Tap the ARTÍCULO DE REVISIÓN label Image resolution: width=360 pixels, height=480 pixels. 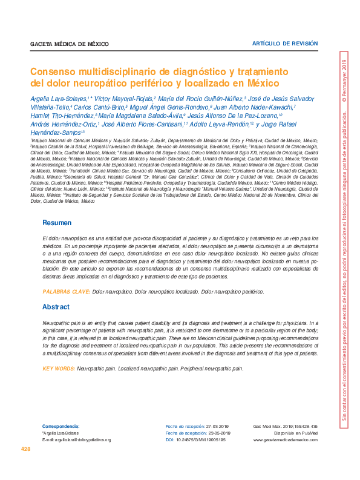284,44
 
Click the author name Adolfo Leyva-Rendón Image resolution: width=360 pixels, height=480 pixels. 221,124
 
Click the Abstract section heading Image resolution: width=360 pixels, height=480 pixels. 56,307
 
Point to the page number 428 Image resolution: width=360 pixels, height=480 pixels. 26,449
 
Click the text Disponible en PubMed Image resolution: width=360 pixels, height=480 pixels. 296,433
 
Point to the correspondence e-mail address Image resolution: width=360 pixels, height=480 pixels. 76,439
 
